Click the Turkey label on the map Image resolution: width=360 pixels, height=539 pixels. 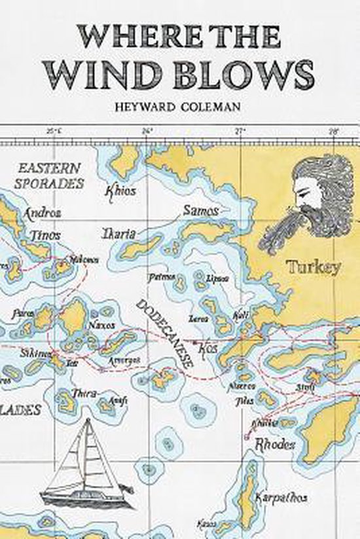[313, 267]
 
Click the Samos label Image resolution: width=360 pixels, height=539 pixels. [201, 211]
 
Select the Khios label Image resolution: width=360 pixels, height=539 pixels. [121, 191]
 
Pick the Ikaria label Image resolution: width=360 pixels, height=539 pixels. [118, 233]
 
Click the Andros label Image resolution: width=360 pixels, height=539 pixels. [42, 213]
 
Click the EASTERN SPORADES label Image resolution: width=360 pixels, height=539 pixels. [50, 176]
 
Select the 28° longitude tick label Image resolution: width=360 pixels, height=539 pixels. [333, 131]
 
